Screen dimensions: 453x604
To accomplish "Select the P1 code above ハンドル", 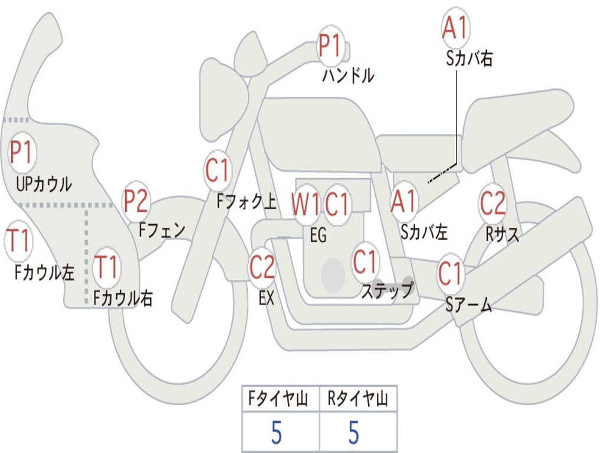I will (x=331, y=46).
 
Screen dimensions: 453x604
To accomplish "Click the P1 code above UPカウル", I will (x=22, y=153).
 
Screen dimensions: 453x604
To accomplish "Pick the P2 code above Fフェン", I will (x=136, y=201).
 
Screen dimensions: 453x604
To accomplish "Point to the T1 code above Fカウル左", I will (x=18, y=241).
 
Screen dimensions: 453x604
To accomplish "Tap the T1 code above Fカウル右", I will (x=107, y=267).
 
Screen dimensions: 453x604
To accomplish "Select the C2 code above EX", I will (x=262, y=268).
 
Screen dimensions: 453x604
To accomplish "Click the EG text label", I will (x=318, y=235).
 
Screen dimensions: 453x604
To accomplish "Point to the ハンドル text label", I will (x=348, y=75).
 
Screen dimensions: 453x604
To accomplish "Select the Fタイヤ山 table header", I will (x=280, y=400).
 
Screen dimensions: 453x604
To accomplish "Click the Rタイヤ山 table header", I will (x=358, y=400).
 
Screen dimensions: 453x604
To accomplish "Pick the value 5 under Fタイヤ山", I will (x=277, y=433).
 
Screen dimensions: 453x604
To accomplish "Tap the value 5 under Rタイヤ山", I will (x=353, y=433).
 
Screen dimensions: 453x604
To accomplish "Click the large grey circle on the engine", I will (x=333, y=275).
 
